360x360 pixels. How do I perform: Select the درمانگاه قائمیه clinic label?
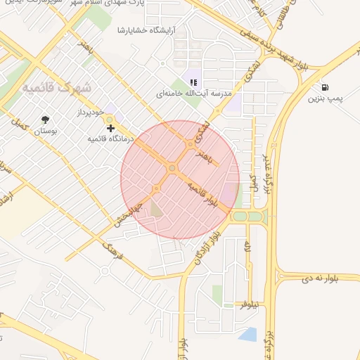point(110,139)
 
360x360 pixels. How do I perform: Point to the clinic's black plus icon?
point(110,128)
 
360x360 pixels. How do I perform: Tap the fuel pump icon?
point(326,88)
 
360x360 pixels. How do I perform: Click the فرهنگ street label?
point(112,250)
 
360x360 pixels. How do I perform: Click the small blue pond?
point(247,334)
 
